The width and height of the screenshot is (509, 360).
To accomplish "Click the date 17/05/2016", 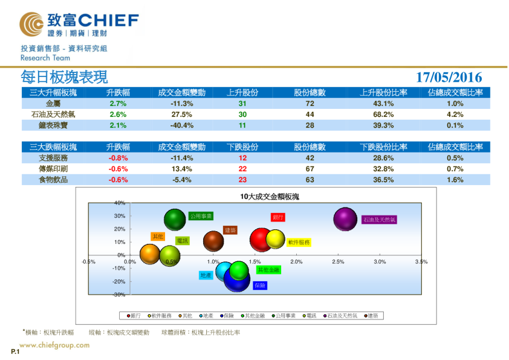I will click(x=449, y=77).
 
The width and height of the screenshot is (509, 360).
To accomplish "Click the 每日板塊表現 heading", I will click(x=64, y=77).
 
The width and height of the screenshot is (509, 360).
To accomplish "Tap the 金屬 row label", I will click(x=53, y=103).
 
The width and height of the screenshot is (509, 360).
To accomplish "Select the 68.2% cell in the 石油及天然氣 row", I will click(x=383, y=114).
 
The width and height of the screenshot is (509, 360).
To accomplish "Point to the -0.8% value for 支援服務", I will click(x=118, y=158).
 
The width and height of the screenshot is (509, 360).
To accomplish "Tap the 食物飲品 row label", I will click(x=53, y=180).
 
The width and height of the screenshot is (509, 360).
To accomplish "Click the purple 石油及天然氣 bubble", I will click(x=345, y=219).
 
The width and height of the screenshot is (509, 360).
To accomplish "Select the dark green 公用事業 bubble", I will click(x=175, y=220).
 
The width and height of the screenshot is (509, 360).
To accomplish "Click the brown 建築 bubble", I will click(x=213, y=241).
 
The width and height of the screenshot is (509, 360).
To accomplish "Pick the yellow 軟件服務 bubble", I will click(x=276, y=240).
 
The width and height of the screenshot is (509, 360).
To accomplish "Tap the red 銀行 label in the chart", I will click(x=278, y=217).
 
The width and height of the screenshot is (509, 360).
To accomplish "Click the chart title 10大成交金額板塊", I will click(x=270, y=197).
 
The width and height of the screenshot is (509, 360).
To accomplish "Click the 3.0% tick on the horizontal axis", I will click(x=380, y=262).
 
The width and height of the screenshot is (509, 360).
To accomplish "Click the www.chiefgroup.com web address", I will click(x=56, y=345).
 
